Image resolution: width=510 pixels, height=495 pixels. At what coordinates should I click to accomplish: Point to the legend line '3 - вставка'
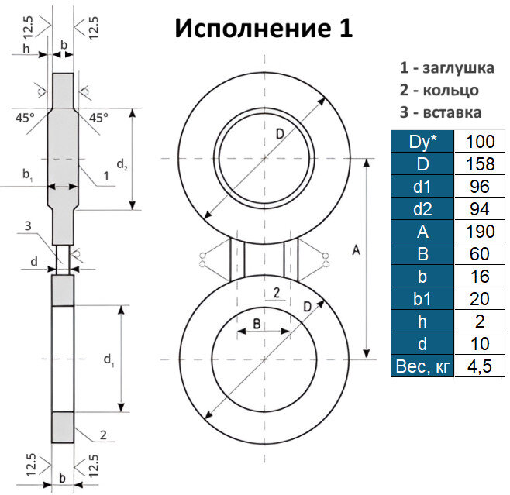point(440,112)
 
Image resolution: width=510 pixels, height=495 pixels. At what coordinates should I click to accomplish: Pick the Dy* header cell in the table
point(424,141)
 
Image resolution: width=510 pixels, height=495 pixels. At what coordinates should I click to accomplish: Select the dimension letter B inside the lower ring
point(256,325)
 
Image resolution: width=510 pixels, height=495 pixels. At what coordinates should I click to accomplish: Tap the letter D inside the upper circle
point(279,136)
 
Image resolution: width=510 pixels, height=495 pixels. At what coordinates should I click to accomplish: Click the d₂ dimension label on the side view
point(122,163)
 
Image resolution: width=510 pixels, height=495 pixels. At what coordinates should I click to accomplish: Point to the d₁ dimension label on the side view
point(109,359)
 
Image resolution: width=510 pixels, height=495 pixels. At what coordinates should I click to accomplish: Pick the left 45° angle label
point(24,118)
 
